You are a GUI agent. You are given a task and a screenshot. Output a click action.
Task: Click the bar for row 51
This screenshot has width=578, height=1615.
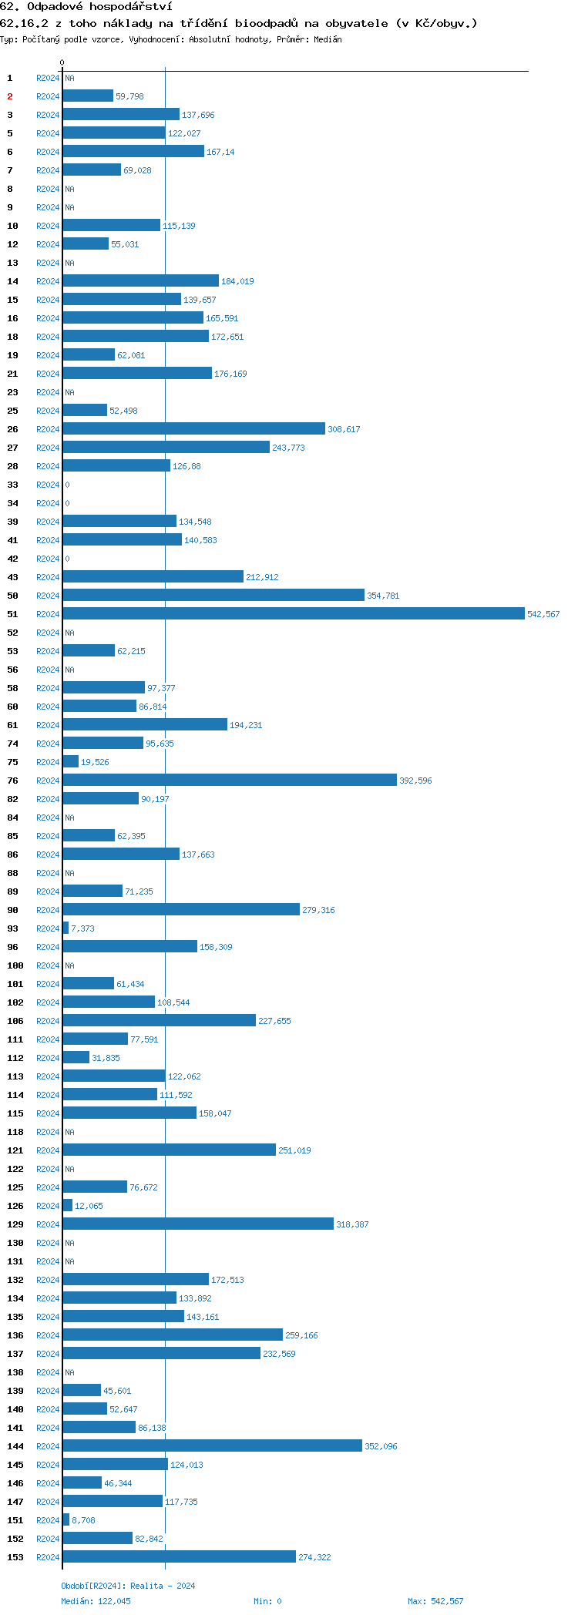[293, 614]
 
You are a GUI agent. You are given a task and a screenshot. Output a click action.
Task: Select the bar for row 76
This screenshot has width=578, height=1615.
[230, 781]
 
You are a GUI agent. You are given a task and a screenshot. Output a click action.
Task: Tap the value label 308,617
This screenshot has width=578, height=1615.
[344, 429]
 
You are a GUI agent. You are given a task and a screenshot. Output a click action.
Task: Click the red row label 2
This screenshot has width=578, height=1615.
[10, 96]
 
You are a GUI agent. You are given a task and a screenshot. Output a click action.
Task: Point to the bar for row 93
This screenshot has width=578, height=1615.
[66, 928]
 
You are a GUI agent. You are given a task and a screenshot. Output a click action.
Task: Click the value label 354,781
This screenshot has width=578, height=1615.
[383, 596]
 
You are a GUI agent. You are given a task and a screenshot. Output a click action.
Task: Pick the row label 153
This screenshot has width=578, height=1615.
[15, 1557]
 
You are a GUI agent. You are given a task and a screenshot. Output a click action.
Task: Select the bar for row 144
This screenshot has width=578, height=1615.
[212, 1446]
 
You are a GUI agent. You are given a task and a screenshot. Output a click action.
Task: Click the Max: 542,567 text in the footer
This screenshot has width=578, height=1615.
[435, 1601]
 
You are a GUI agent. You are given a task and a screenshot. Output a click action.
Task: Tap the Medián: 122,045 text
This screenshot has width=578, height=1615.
[96, 1601]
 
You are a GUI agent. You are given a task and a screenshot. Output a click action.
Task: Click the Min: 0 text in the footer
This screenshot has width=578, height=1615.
[267, 1601]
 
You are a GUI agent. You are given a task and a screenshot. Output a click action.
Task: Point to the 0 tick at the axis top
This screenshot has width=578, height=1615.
[62, 62]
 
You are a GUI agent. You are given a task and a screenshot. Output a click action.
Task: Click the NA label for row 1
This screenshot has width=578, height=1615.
[69, 78]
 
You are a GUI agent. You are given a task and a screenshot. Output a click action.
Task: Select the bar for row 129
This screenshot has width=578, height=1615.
[198, 1224]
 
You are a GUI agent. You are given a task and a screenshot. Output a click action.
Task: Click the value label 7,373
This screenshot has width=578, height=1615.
[82, 928]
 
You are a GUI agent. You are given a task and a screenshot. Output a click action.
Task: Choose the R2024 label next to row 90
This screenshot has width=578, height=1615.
[48, 910]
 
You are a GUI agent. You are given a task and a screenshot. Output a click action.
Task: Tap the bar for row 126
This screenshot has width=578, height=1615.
[68, 1206]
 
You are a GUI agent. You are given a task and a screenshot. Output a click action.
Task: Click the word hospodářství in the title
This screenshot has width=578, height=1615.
[130, 7]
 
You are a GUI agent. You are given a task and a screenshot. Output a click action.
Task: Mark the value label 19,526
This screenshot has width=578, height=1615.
[95, 762]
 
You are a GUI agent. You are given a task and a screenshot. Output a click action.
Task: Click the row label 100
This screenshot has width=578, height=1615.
[15, 965]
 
